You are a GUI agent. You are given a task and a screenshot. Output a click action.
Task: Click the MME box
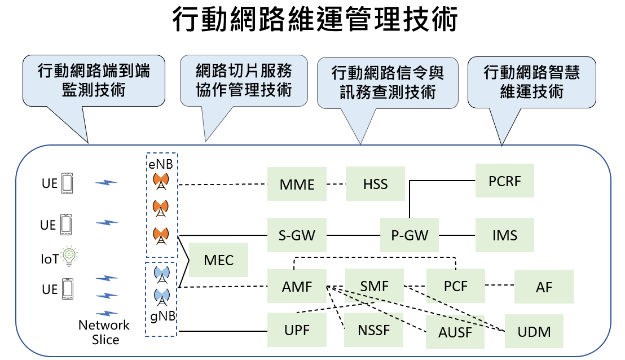pyautogui.click(x=297, y=183)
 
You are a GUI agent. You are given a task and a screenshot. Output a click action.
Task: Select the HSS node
pyautogui.click(x=375, y=183)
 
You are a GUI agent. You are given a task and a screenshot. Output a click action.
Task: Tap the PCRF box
pyautogui.click(x=504, y=181)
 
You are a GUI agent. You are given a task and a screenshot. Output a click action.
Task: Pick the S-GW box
pyautogui.click(x=297, y=235)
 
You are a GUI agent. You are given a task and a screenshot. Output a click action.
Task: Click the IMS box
pyautogui.click(x=504, y=235)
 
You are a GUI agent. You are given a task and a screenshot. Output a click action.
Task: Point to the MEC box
pyautogui.click(x=218, y=260)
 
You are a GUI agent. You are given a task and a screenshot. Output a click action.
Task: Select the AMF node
pyautogui.click(x=297, y=286)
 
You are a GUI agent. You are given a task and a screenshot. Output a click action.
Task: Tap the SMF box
pyautogui.click(x=375, y=286)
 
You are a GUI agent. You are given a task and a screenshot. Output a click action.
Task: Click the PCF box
pyautogui.click(x=455, y=286)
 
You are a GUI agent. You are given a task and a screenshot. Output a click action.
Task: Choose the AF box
pyautogui.click(x=544, y=287)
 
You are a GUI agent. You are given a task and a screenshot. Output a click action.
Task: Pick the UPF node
pyautogui.click(x=297, y=330)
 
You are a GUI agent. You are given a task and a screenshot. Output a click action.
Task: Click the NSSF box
pyautogui.click(x=373, y=330)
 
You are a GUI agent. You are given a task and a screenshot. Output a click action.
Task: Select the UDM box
pyautogui.click(x=534, y=331)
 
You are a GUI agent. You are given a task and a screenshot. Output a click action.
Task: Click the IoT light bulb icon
pyautogui.click(x=69, y=257)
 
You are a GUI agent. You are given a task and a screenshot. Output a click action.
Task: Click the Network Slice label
pyautogui.click(x=104, y=332)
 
